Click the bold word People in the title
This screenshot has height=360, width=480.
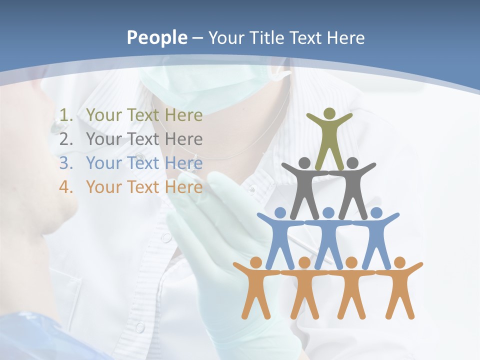pos(156,37)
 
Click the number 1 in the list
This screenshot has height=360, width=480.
pos(64,115)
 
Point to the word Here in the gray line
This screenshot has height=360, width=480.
pos(183,139)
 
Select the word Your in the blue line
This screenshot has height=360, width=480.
pos(104,163)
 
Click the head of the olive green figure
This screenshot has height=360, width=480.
pos(329,114)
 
